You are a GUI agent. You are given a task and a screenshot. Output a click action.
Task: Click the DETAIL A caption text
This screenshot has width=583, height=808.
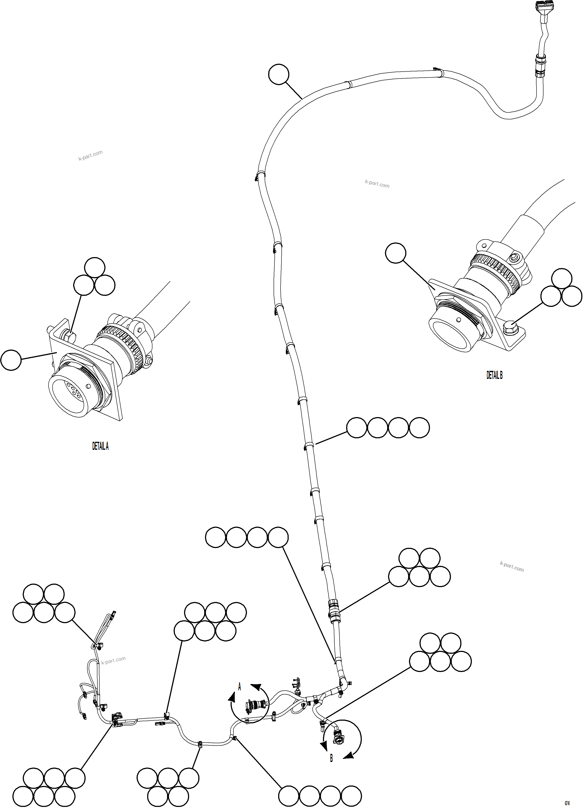point(100,446)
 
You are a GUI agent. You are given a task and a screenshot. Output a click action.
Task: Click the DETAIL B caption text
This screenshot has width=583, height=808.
point(494,375)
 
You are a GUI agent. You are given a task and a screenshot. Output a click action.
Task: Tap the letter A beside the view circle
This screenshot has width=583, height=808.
point(240,686)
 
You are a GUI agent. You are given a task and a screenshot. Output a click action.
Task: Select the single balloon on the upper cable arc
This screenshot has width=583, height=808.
point(279,74)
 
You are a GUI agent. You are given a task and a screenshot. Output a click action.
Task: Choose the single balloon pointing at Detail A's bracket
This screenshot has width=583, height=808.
point(11,360)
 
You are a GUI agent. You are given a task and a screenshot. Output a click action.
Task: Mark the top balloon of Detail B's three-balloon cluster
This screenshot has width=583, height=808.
point(561,278)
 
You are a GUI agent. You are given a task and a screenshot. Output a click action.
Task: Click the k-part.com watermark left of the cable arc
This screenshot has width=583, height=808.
point(91,155)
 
